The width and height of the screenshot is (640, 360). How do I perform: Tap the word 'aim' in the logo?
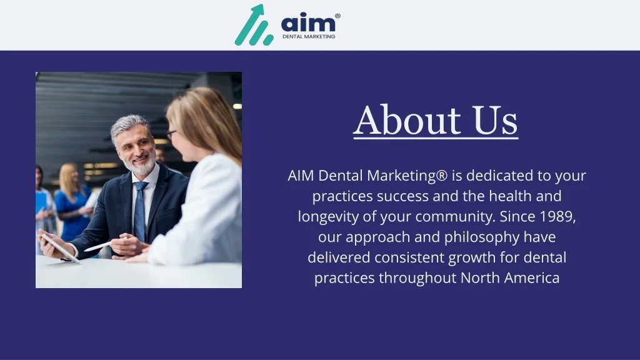308,23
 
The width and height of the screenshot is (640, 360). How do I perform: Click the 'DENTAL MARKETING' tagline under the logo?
309,36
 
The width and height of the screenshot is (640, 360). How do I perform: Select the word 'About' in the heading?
407,120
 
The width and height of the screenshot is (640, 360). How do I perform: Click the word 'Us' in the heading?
495,120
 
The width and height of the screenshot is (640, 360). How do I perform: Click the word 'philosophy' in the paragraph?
482,237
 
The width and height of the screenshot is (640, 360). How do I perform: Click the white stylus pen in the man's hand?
98,246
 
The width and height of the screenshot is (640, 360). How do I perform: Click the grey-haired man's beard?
141,164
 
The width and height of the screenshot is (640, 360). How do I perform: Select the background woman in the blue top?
72,202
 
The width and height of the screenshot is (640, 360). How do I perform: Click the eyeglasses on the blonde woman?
171,134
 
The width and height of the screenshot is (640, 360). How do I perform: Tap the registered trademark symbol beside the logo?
337,16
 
